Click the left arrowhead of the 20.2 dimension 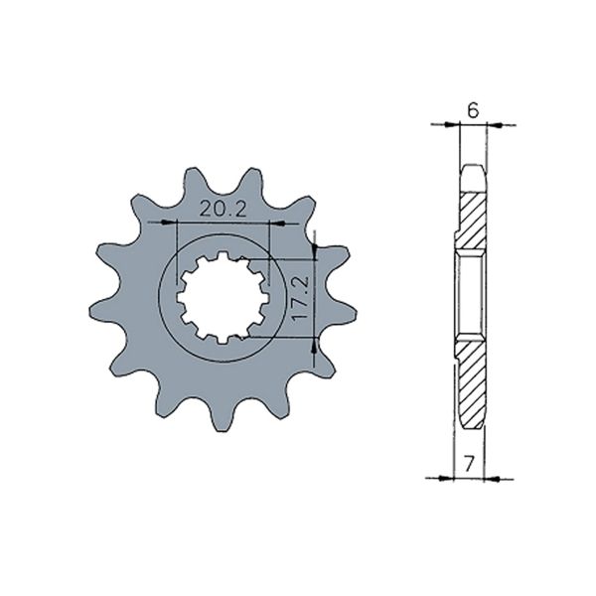(x=180, y=223)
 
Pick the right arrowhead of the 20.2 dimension (x=265, y=223)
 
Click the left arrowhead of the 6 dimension (x=457, y=125)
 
